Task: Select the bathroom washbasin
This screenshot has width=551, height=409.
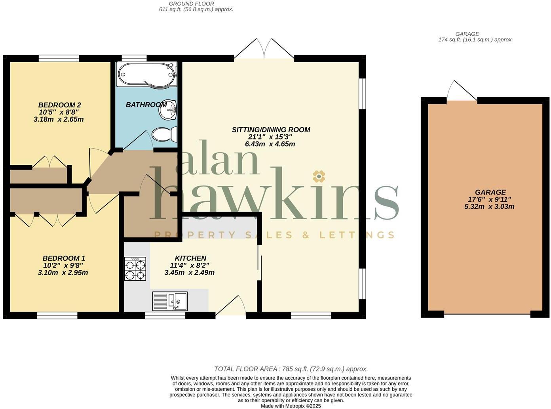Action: pyautogui.click(x=168, y=110)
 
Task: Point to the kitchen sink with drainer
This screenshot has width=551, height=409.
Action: pyautogui.click(x=170, y=301)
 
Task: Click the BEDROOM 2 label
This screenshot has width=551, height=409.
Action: pyautogui.click(x=59, y=105)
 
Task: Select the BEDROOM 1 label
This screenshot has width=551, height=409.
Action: pyautogui.click(x=64, y=258)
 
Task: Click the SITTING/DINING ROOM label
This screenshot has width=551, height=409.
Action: pyautogui.click(x=271, y=130)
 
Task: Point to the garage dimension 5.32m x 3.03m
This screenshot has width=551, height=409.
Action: pyautogui.click(x=489, y=206)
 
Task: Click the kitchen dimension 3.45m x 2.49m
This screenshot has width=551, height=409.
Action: pyautogui.click(x=189, y=273)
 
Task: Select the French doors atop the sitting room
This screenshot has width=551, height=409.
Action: pyautogui.click(x=264, y=50)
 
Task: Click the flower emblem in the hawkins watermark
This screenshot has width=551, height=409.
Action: pyautogui.click(x=319, y=176)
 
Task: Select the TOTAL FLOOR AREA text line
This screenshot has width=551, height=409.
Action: pyautogui.click(x=291, y=369)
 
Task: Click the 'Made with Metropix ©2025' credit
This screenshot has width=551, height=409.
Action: pyautogui.click(x=291, y=406)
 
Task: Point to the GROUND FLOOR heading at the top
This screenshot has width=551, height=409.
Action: pyautogui.click(x=191, y=4)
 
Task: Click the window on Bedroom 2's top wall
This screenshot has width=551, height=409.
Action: pyautogui.click(x=59, y=58)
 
